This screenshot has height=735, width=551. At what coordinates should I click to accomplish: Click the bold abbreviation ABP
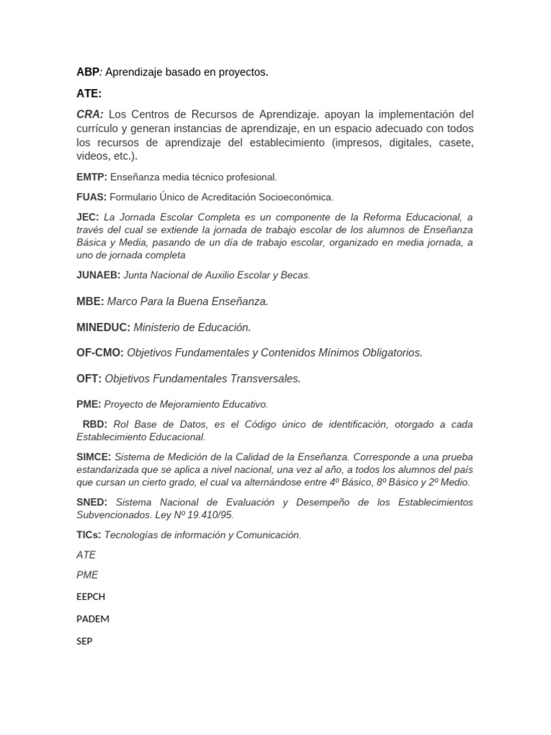point(87,72)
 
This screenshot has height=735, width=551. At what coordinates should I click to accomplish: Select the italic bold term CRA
point(90,115)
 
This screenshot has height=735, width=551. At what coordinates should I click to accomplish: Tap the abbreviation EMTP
point(91,177)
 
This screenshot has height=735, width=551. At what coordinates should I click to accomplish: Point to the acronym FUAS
point(91,197)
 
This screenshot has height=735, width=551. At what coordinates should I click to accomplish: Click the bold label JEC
point(88,217)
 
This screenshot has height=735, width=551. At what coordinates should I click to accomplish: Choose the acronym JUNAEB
point(98,275)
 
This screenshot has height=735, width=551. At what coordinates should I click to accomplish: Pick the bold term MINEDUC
point(103,327)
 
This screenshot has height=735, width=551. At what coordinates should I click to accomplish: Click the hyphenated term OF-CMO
point(100,353)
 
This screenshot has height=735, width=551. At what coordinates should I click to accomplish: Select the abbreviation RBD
point(95,424)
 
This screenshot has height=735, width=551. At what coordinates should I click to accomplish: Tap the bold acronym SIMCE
point(93,457)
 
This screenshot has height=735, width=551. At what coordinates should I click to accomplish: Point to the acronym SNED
point(91,502)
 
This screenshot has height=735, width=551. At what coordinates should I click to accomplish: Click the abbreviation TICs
point(88,535)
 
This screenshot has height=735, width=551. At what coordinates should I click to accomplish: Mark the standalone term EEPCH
point(90,596)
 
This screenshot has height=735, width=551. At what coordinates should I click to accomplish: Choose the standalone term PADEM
point(93,619)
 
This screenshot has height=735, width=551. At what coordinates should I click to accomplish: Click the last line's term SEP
point(84,641)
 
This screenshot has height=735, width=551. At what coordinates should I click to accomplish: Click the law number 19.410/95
point(209,515)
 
